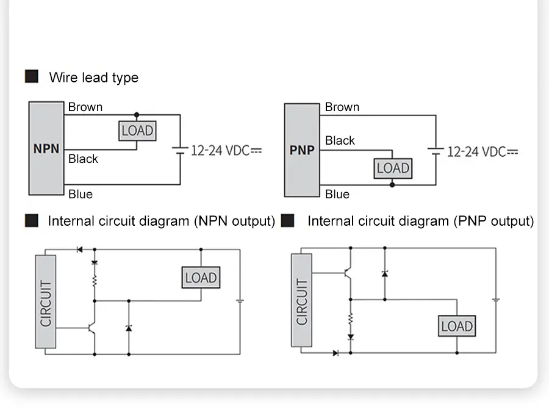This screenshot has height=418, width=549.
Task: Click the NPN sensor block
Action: (x=46, y=148)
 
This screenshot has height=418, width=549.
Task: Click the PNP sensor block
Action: (x=302, y=150)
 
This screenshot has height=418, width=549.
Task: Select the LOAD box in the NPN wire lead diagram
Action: (x=137, y=131)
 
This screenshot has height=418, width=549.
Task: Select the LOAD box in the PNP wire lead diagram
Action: (x=393, y=168)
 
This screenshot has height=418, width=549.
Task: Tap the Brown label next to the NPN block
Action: (x=85, y=107)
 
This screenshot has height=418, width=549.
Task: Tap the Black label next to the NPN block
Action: (x=83, y=159)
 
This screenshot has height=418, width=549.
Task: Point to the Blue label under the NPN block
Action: (x=81, y=194)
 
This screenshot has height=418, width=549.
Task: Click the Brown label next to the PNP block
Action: (x=342, y=107)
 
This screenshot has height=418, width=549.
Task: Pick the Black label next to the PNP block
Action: (x=340, y=140)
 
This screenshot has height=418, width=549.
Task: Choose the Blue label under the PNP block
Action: (x=337, y=194)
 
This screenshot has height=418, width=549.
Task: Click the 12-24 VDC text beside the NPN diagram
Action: (x=226, y=151)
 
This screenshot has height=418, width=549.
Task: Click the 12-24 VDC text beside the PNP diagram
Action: (x=482, y=151)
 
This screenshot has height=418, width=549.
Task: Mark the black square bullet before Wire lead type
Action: (x=31, y=77)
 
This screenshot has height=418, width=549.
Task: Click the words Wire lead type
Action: (x=94, y=77)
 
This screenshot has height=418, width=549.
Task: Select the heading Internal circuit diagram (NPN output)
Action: (x=161, y=221)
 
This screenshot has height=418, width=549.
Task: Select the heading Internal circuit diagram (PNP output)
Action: (x=420, y=221)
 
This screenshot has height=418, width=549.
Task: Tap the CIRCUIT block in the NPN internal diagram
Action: (x=46, y=302)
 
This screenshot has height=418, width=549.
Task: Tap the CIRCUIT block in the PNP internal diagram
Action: (x=302, y=301)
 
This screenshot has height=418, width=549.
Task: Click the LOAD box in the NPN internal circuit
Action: (x=201, y=278)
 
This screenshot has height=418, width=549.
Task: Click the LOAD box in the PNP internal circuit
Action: (x=457, y=326)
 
